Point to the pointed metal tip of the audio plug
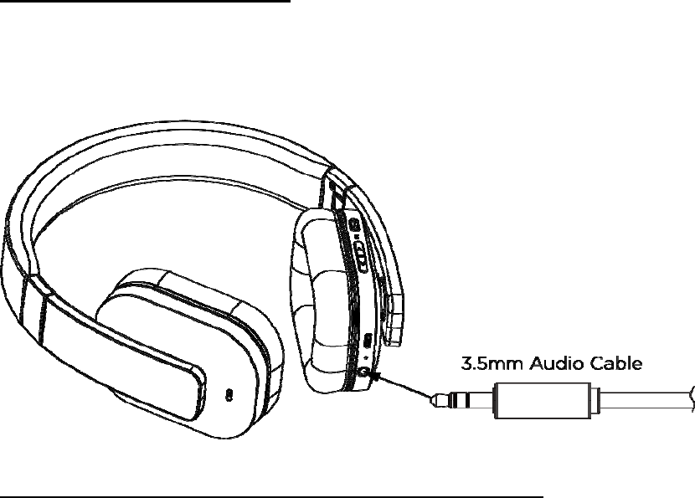(435, 400)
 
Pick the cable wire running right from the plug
(645, 399)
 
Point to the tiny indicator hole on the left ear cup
(229, 392)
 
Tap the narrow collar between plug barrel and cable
(595, 399)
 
